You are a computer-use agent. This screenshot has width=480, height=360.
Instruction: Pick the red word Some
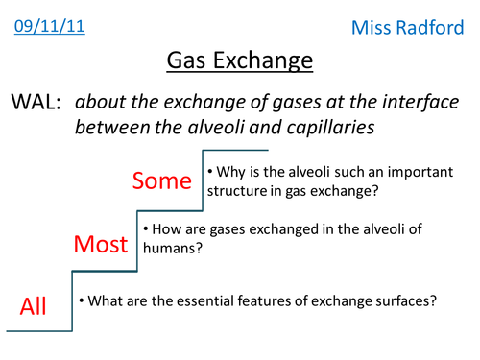[161, 180]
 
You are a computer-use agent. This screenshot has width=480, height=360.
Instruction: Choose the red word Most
[102, 244]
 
